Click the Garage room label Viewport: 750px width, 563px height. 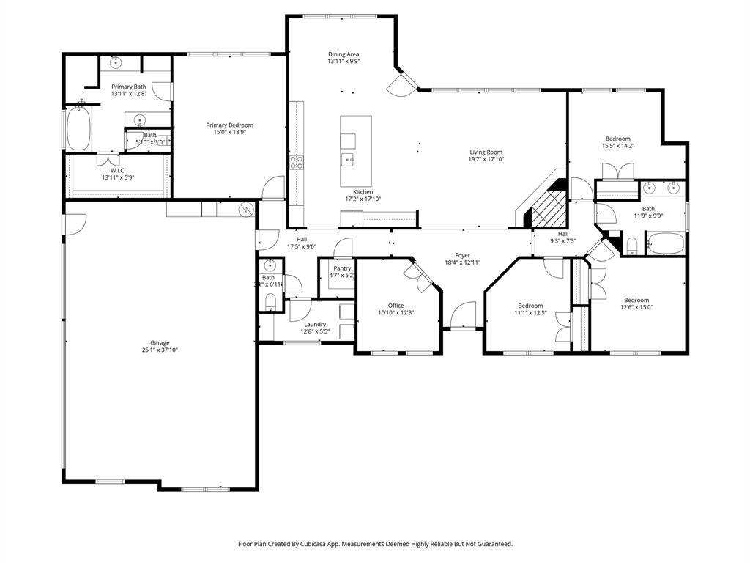(x=160, y=342)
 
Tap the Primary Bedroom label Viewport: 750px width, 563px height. (x=229, y=125)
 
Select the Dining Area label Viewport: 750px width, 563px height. (x=344, y=54)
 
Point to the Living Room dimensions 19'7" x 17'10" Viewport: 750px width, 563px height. (x=486, y=160)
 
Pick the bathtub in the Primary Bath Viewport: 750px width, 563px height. (x=78, y=129)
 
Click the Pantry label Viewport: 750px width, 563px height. (x=342, y=268)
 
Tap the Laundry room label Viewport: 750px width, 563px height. (x=315, y=324)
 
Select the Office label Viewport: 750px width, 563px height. (x=396, y=306)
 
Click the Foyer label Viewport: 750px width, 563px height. (x=462, y=255)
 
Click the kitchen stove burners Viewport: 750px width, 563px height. (x=297, y=163)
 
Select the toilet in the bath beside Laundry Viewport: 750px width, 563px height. (x=270, y=301)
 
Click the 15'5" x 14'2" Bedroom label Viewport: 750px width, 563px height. (x=617, y=139)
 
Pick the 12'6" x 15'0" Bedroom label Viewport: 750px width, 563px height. (x=636, y=300)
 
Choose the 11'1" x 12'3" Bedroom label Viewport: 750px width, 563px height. (x=530, y=306)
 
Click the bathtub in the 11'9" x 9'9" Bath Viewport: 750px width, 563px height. (x=665, y=243)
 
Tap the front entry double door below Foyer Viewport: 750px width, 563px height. (x=463, y=319)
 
